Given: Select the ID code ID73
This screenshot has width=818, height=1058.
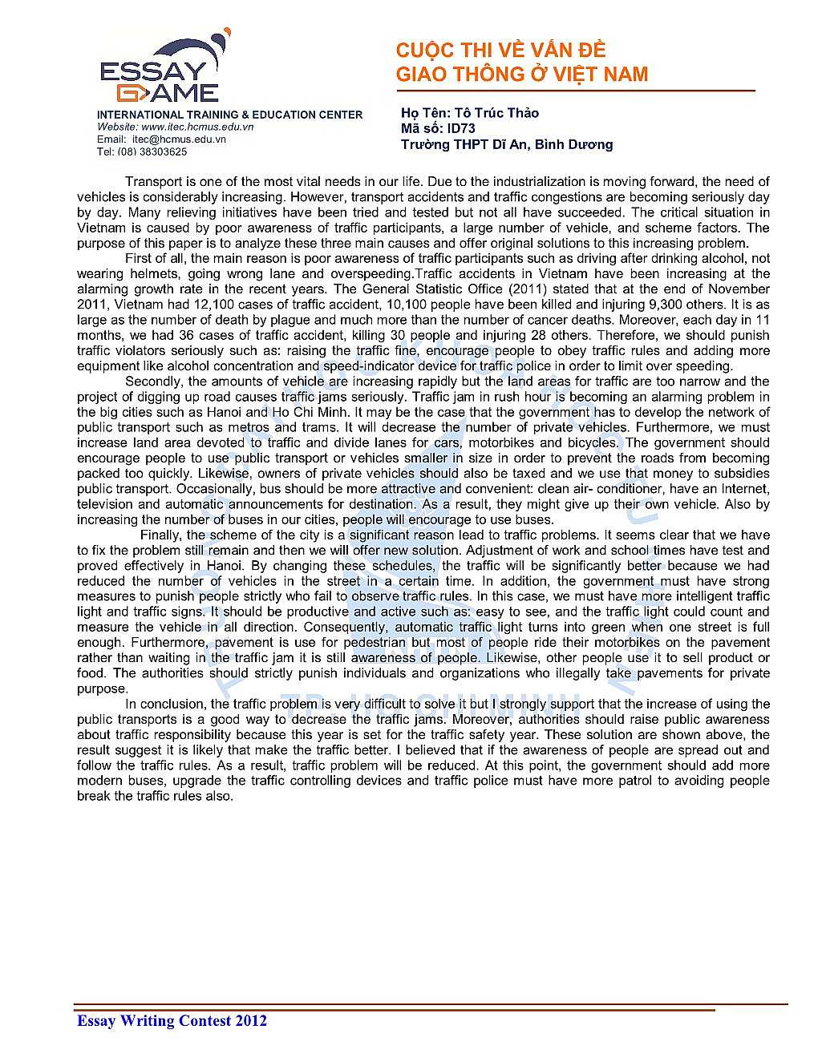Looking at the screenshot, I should [461, 128].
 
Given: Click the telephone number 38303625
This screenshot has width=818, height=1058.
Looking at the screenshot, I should [164, 151].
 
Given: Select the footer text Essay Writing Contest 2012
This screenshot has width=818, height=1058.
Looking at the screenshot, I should [172, 1020].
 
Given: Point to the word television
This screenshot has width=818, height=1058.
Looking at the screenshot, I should [107, 504].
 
